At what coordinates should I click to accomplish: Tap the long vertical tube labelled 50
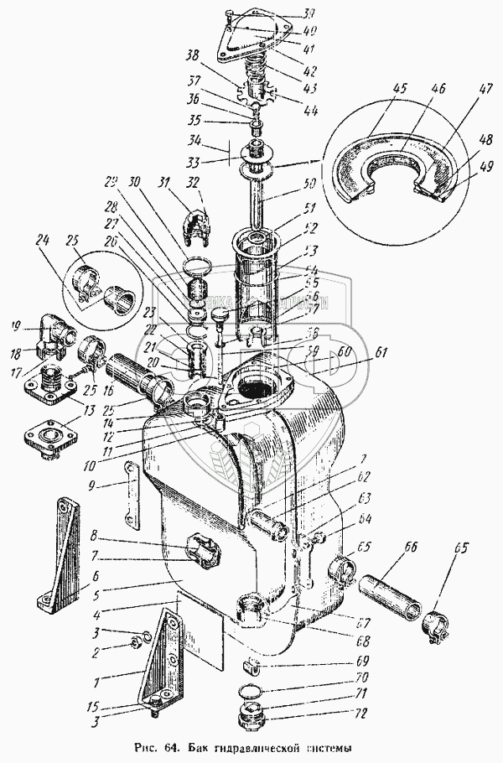pos(257,201)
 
